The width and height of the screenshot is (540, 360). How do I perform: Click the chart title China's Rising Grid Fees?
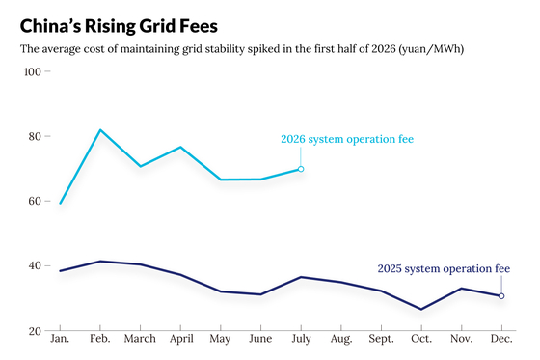[119, 27]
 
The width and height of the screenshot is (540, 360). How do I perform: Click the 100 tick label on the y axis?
[33, 71]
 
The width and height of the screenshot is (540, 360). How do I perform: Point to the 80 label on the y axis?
[35, 136]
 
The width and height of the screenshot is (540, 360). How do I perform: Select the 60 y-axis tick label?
[35, 201]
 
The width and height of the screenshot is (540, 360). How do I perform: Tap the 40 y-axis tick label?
[35, 265]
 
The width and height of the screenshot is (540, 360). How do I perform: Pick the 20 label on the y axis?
[35, 331]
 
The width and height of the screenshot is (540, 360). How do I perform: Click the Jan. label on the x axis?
[60, 338]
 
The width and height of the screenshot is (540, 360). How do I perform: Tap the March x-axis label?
[140, 338]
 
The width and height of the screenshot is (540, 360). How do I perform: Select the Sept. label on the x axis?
[381, 339]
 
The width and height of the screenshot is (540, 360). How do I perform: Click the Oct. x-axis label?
[421, 338]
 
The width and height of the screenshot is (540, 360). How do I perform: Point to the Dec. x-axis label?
[501, 338]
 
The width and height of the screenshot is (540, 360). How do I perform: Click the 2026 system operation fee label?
[347, 139]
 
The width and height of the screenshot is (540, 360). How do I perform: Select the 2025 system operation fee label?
[444, 269]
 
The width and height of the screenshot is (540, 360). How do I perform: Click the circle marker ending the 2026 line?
[301, 169]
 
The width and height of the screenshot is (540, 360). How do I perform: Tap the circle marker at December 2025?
[501, 296]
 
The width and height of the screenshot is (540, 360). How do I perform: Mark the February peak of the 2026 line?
[100, 130]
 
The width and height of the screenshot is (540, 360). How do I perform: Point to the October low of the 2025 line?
[421, 309]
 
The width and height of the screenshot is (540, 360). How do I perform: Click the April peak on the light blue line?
[180, 148]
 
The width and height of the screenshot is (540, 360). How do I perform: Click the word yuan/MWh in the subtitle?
[431, 49]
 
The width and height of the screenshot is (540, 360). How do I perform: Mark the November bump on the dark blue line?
[462, 289]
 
